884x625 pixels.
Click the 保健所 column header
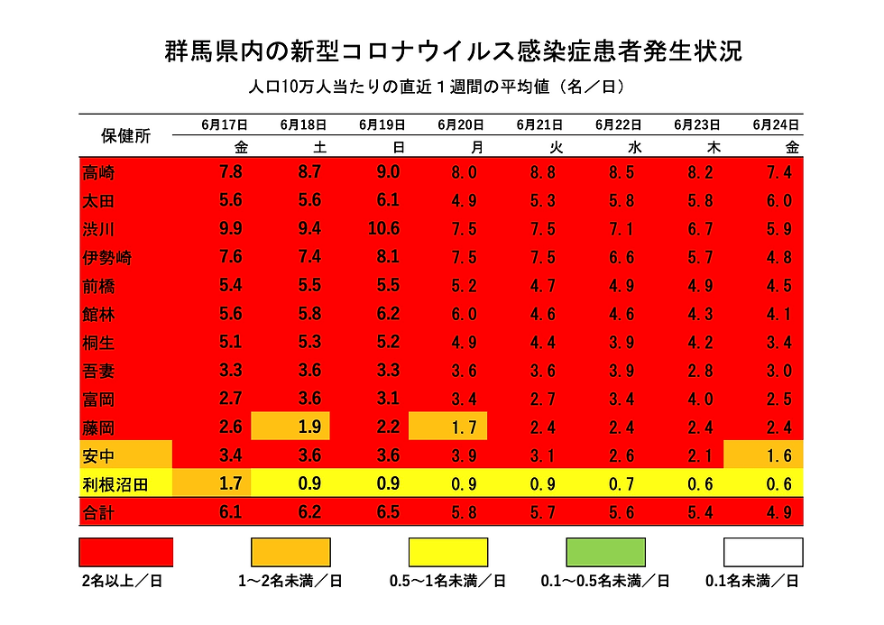coord(125,136)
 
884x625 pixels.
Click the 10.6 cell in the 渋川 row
coord(384,229)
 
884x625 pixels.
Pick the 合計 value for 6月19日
coord(384,513)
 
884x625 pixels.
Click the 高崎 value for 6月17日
coord(230,171)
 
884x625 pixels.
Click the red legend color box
coord(126,552)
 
